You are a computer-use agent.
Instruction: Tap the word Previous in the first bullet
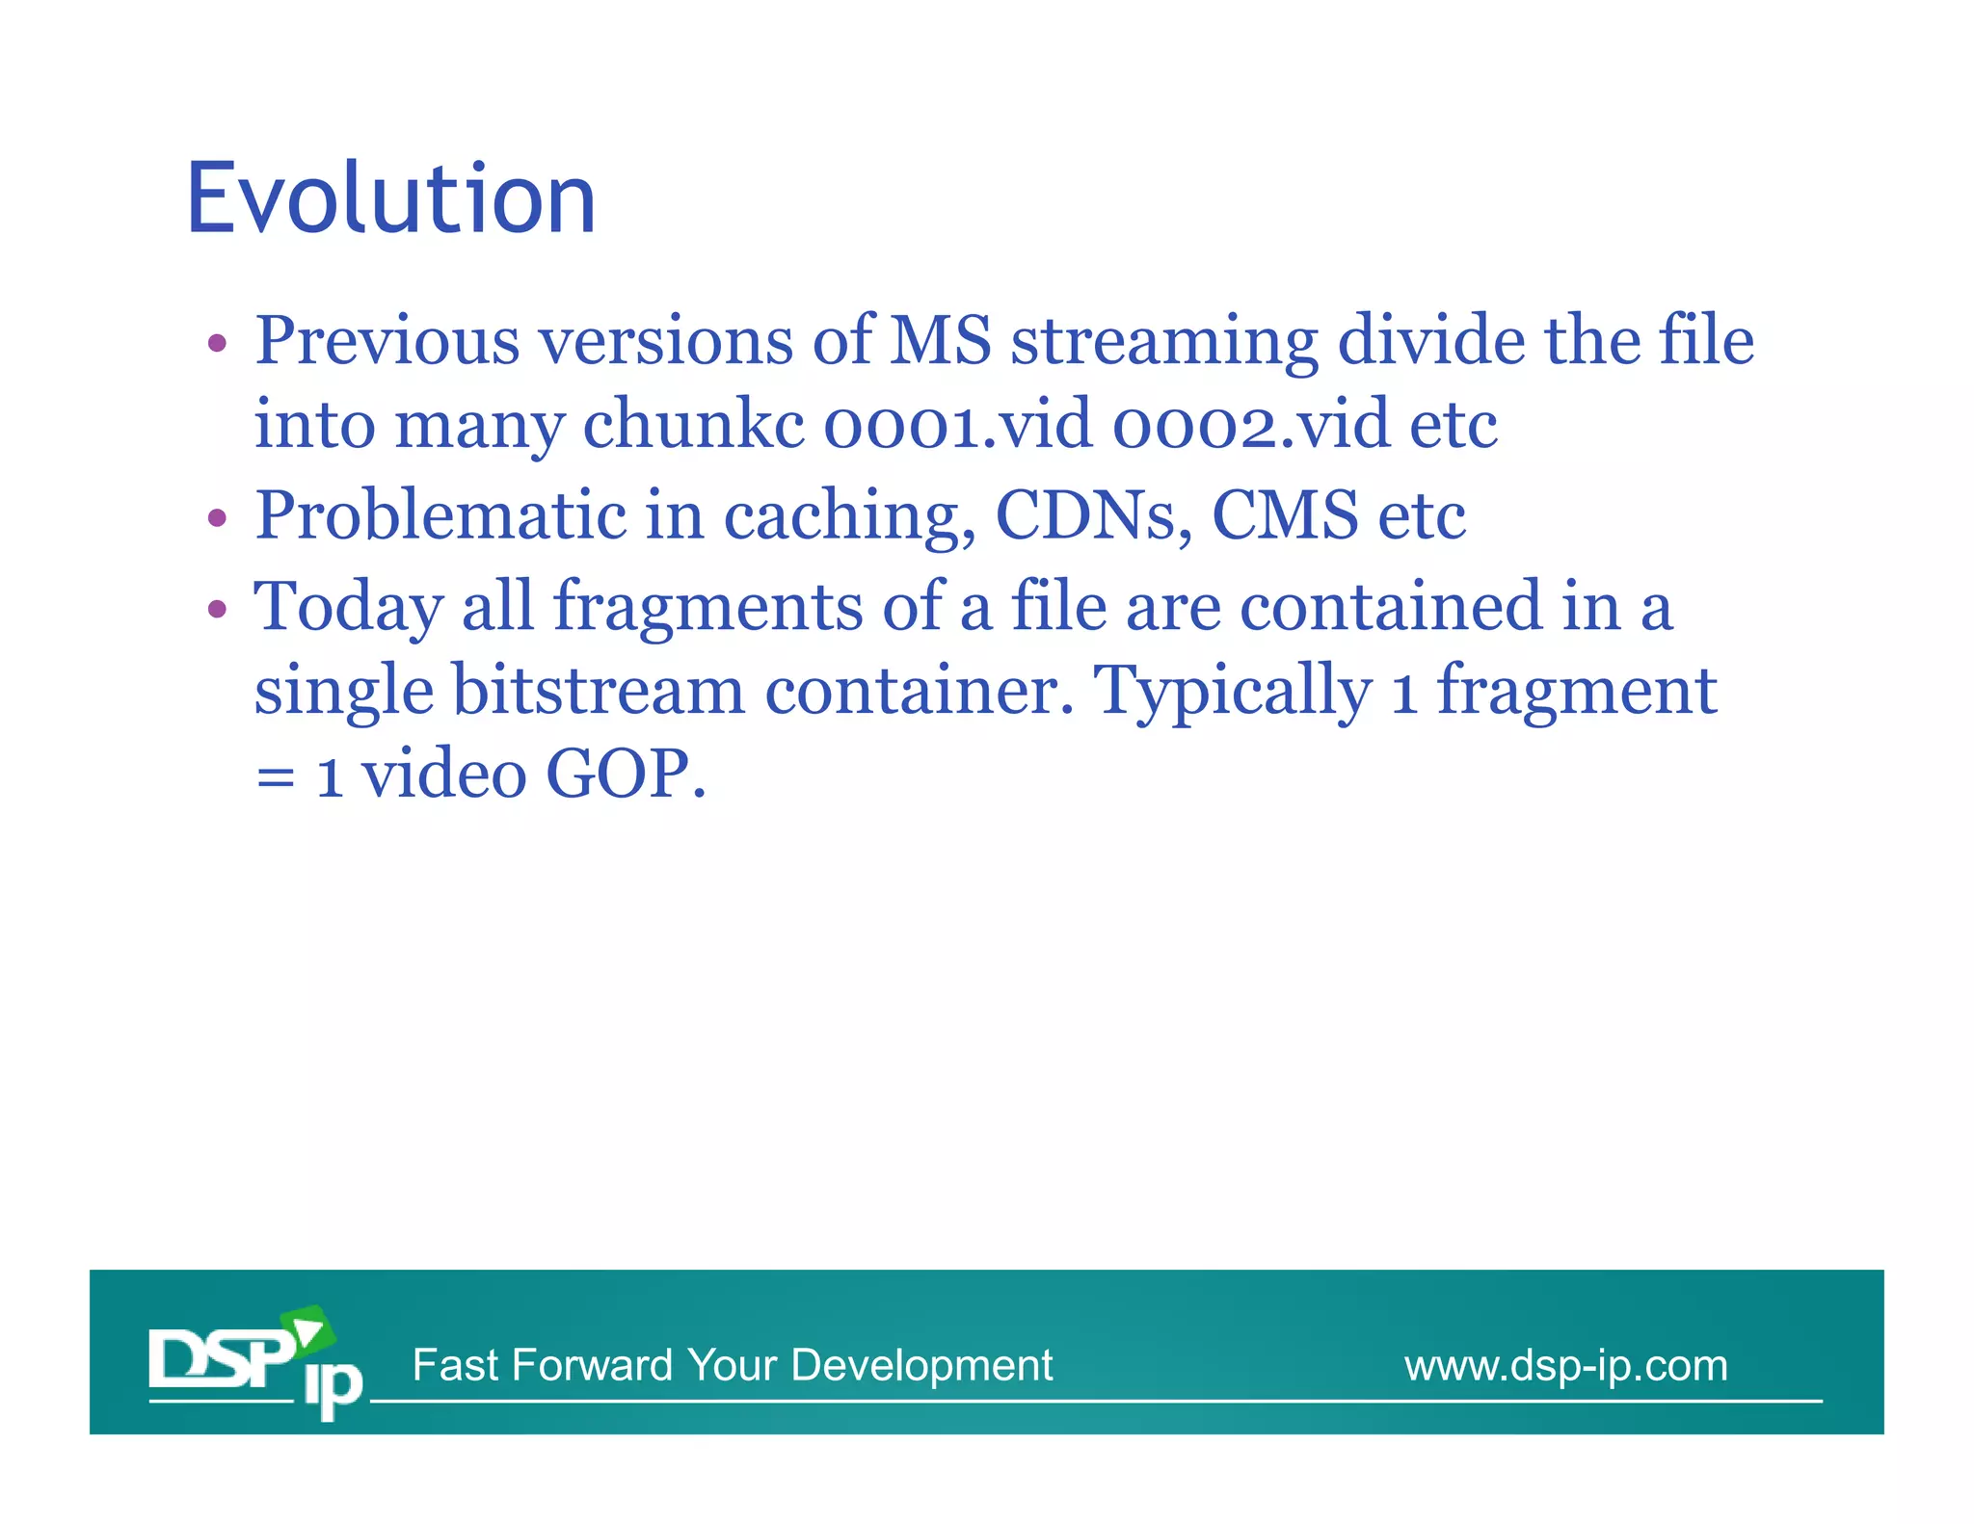coord(387,341)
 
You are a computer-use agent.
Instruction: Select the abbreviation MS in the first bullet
coord(939,341)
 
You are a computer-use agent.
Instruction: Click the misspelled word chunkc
coord(693,425)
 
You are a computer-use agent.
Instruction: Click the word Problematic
coord(440,515)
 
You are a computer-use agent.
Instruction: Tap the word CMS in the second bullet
coord(1284,515)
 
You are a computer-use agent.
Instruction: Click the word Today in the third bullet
coord(348,607)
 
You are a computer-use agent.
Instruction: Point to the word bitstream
coord(598,691)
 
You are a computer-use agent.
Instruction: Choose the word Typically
coord(1233,691)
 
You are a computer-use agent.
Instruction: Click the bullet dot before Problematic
coord(218,518)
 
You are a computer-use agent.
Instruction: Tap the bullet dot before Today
coord(218,610)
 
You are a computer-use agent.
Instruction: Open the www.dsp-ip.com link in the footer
coord(1565,1366)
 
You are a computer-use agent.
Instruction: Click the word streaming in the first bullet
coord(1163,341)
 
